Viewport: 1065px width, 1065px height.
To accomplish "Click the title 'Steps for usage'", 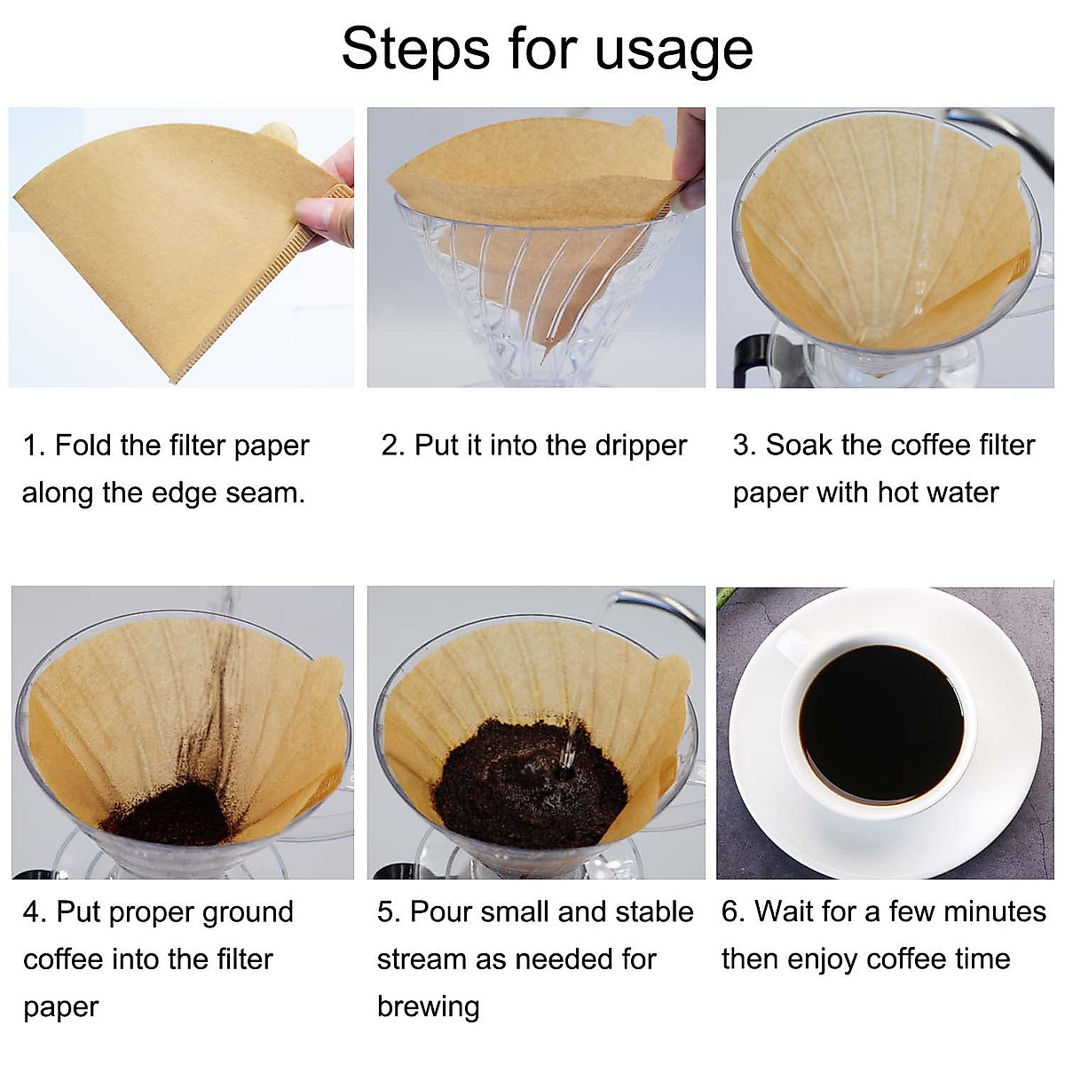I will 547,48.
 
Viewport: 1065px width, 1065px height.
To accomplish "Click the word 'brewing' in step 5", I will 428,1006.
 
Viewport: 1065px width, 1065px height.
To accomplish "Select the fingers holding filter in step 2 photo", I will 688,160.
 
